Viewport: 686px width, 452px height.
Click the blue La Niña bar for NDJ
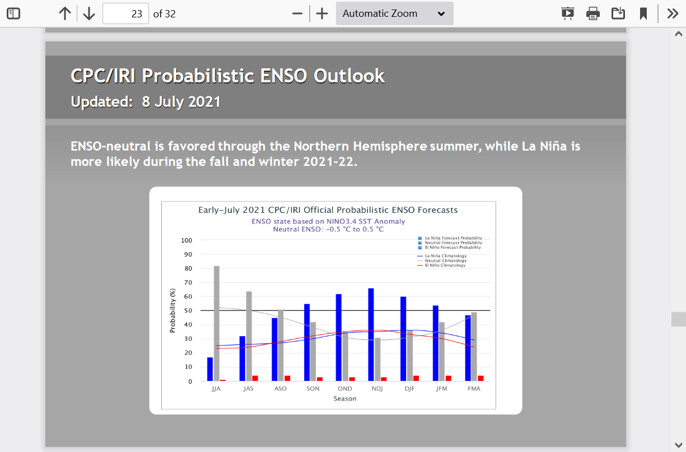(x=371, y=334)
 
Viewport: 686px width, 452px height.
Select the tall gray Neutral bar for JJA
(x=217, y=323)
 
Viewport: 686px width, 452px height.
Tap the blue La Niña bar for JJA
(x=210, y=369)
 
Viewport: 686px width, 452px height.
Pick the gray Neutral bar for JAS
(x=249, y=336)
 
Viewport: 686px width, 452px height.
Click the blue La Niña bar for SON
(x=306, y=342)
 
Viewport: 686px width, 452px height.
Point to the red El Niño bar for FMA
(x=481, y=378)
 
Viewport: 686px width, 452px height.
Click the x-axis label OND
(x=345, y=389)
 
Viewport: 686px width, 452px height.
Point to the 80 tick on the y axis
(x=188, y=268)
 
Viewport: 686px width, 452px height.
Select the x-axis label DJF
(x=409, y=389)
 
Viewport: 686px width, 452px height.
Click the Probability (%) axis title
(x=172, y=310)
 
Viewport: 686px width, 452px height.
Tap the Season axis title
(x=345, y=398)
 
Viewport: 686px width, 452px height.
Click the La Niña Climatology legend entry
(x=442, y=256)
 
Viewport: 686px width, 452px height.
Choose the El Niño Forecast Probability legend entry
(x=450, y=248)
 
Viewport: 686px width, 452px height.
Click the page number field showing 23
(x=125, y=13)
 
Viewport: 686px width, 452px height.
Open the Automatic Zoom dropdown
(x=394, y=13)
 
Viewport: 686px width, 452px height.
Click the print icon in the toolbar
(x=593, y=13)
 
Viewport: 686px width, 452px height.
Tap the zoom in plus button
(x=322, y=13)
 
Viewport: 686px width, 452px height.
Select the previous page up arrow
(x=64, y=13)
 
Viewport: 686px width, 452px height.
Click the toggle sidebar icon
(x=13, y=13)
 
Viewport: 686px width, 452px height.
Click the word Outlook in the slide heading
(x=349, y=76)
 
